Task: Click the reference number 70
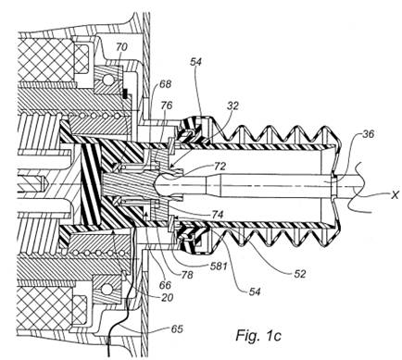pyautogui.click(x=121, y=47)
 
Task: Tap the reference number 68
pyautogui.click(x=165, y=84)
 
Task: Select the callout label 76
pyautogui.click(x=167, y=106)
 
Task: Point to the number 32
pyautogui.click(x=232, y=106)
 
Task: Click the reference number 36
pyautogui.click(x=368, y=134)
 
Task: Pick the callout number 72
pyautogui.click(x=220, y=167)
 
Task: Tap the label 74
pyautogui.click(x=217, y=215)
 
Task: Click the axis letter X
pyautogui.click(x=395, y=194)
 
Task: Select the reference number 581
pyautogui.click(x=219, y=266)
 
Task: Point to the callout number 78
pyautogui.click(x=187, y=274)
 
